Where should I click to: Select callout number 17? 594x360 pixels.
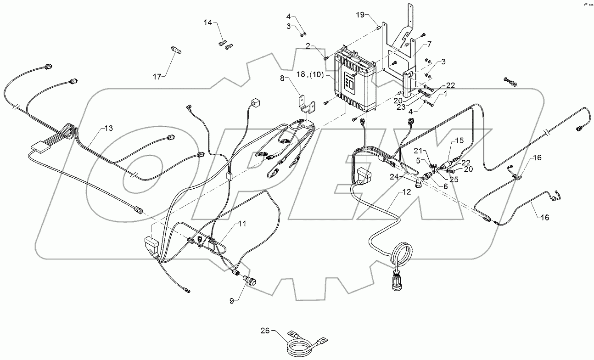pos(157,77)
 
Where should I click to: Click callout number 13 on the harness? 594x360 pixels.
pos(108,128)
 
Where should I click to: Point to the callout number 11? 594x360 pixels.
pos(241,224)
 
